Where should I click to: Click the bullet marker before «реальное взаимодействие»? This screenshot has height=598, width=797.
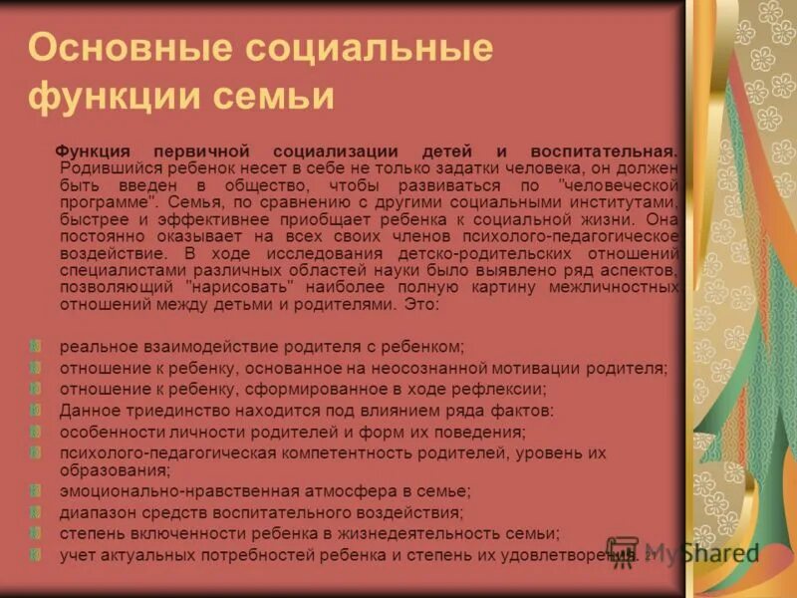pos(37,346)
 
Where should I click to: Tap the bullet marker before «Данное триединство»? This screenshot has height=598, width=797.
pos(37,410)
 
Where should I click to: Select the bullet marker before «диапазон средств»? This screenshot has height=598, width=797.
pos(37,511)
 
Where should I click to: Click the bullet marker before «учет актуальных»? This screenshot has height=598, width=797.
pos(37,553)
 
